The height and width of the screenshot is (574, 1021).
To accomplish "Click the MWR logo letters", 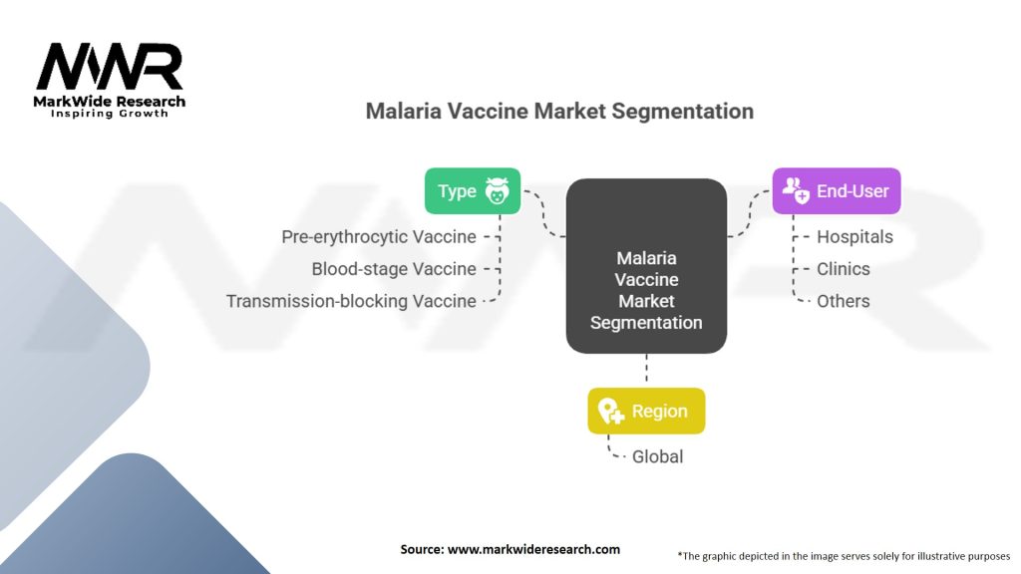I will tap(110, 69).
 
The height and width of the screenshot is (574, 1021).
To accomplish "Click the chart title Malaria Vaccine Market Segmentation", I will tap(559, 111).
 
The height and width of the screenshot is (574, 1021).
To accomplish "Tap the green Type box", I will tap(472, 190).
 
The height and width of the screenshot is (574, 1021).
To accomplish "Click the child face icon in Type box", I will tap(497, 191).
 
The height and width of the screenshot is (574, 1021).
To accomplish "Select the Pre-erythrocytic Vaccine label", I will tap(379, 237).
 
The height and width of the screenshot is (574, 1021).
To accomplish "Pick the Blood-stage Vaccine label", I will tap(394, 269).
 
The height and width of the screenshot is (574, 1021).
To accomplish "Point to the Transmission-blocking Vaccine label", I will tap(351, 301).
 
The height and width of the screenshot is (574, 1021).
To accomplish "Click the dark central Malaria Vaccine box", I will tap(646, 266).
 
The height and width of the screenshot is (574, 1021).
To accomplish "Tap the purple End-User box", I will tap(836, 190).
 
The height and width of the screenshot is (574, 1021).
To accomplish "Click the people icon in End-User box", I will tap(796, 190).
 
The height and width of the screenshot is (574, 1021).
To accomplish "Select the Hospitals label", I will tap(854, 237).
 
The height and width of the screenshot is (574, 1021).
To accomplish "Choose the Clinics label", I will tap(843, 269).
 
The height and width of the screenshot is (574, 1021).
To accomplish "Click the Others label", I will tap(843, 301).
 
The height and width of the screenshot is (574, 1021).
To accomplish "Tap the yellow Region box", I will tap(646, 411).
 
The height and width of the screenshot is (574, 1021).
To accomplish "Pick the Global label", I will tap(658, 456).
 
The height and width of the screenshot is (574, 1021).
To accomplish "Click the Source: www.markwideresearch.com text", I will tap(510, 549).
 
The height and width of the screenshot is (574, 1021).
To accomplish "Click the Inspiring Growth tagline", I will tap(110, 114).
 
